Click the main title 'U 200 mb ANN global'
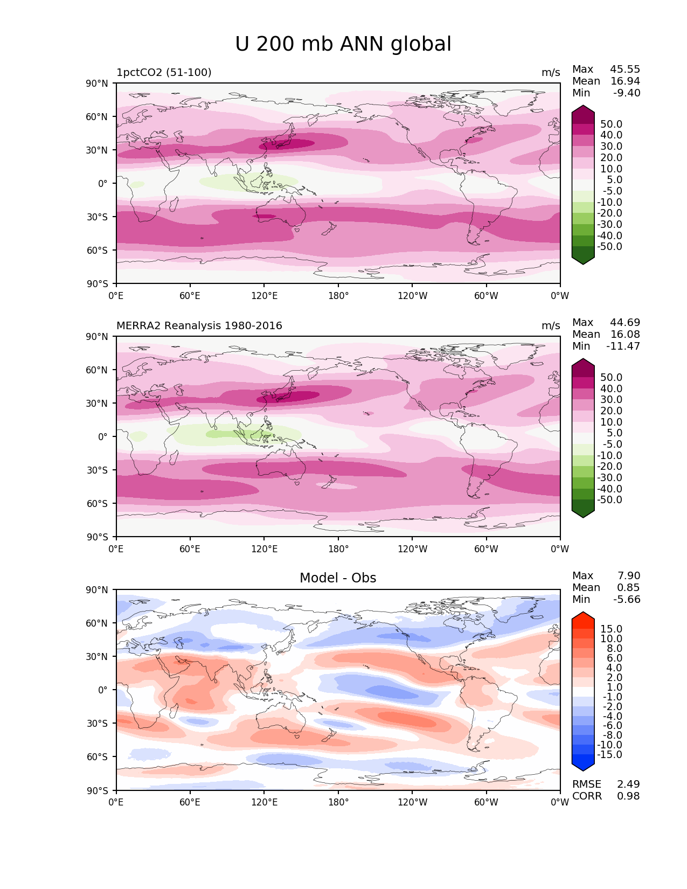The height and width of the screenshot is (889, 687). coord(343,44)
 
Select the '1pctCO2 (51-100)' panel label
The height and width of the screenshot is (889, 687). coord(164,72)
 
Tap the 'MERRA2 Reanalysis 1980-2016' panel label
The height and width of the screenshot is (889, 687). coord(199,325)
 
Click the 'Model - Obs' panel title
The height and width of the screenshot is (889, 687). coord(337,578)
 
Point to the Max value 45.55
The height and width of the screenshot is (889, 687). coord(625,69)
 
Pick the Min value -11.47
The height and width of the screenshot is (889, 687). coord(623,346)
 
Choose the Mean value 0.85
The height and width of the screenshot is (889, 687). coord(628,587)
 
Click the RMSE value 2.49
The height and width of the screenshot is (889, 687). coord(628,784)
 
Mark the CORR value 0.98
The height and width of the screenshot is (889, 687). coord(628,796)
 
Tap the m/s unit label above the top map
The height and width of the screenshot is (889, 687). coord(551,72)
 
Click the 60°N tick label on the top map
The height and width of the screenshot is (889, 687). coord(97,117)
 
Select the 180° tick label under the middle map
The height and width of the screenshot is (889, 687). coord(338,548)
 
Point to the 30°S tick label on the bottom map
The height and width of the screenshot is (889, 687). coord(97,723)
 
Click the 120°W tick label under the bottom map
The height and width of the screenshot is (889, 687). coord(412,802)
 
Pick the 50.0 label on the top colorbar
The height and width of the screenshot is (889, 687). coord(612,124)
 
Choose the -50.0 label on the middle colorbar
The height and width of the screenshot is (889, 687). coord(609,499)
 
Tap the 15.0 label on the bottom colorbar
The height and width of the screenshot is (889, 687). coord(612,629)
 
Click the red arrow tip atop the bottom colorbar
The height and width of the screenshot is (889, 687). coord(582,612)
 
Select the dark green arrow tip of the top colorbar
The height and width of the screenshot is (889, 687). coord(582,264)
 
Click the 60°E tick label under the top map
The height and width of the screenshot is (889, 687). coord(190,295)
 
